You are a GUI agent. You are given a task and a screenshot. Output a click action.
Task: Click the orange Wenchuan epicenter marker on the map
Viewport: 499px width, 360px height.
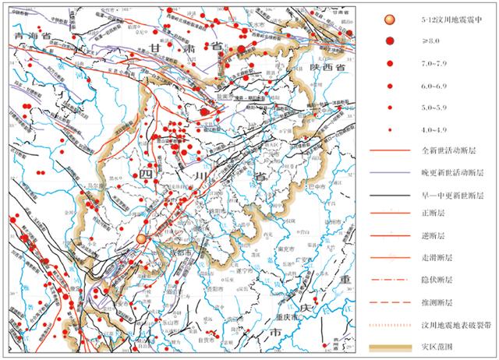[141, 238]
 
